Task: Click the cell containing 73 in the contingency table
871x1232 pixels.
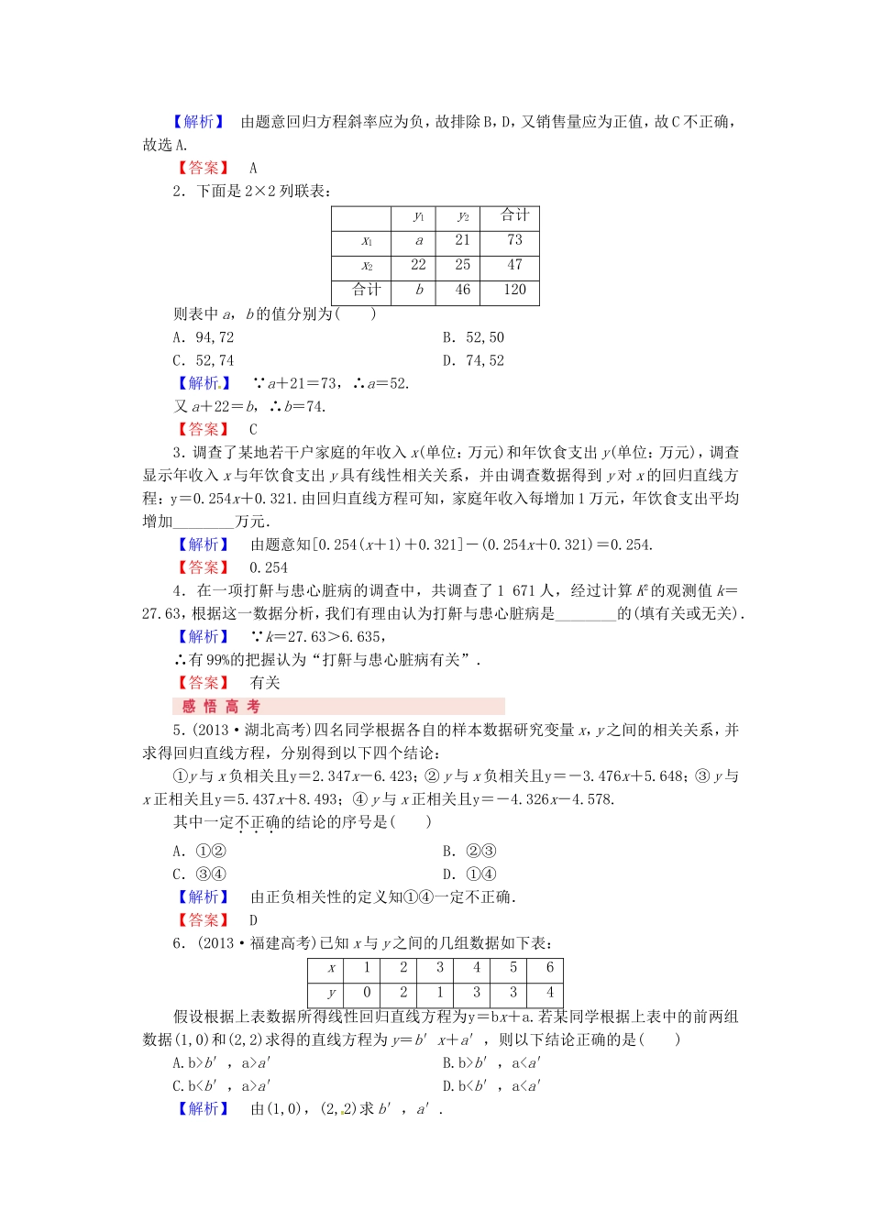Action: click(514, 240)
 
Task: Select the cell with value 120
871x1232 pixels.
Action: click(514, 290)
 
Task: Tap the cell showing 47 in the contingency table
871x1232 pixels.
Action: click(514, 265)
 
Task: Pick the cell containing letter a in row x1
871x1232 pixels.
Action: click(419, 240)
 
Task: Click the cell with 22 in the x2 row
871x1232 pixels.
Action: click(419, 265)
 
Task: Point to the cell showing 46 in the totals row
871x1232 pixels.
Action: click(463, 290)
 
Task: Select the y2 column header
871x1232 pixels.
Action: click(463, 216)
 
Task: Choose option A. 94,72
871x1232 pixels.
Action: click(204, 337)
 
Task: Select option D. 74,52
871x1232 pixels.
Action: click(473, 360)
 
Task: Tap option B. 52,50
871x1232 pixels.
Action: click(473, 337)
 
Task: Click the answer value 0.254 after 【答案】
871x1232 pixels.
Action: click(269, 567)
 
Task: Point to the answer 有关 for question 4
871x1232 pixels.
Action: click(265, 683)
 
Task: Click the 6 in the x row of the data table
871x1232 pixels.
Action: click(550, 968)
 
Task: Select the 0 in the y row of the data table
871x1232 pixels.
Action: click(367, 992)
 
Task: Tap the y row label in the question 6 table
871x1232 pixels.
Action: click(331, 993)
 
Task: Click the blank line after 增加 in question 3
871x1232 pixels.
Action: click(204, 522)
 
